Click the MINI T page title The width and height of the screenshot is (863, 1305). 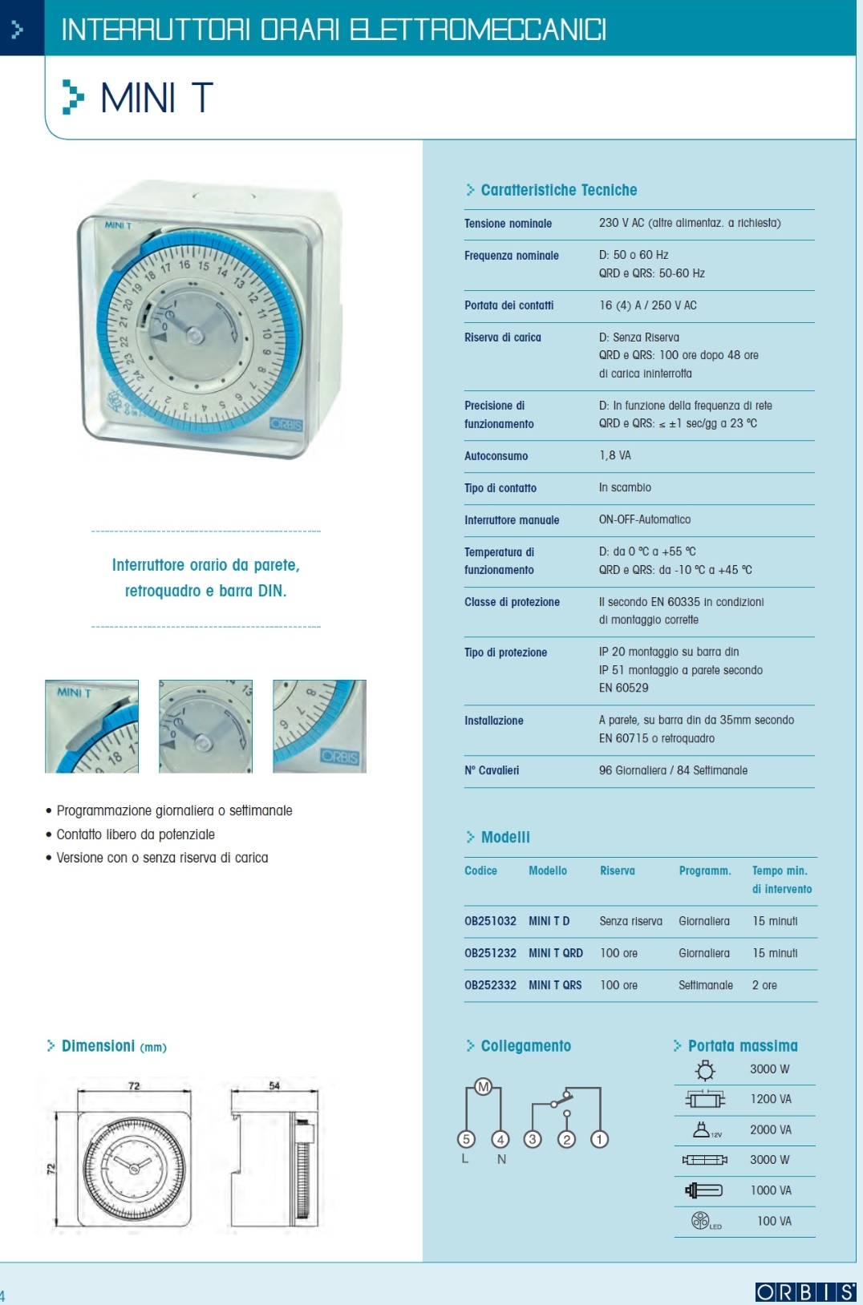coord(156,99)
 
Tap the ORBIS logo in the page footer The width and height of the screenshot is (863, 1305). coord(805,1291)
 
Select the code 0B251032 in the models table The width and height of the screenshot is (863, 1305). coord(490,921)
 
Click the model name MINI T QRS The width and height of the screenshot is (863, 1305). coord(555,985)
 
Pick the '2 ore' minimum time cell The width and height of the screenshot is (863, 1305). coord(764,985)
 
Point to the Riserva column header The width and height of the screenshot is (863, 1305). coord(617,871)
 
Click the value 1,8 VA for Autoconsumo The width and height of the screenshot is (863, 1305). coord(614,455)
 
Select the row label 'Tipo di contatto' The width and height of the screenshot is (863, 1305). coord(500,488)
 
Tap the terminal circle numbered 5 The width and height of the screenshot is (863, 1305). coord(466,1139)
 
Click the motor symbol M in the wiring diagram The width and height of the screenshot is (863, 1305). coord(483,1087)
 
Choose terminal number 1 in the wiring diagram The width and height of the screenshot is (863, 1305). coord(599,1139)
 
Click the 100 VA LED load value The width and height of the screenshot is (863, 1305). coord(774,1221)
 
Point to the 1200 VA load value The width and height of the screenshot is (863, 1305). coord(771,1099)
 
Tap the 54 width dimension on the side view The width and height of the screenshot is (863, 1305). coord(274,1085)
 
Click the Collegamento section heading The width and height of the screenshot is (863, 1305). coord(525,1046)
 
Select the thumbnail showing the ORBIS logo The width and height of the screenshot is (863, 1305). coord(319,726)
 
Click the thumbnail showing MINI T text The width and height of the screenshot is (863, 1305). coord(91,726)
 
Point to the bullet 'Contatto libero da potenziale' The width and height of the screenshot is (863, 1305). coord(136,834)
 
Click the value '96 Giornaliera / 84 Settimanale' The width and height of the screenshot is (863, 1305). coord(673,770)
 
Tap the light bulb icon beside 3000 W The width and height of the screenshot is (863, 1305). coord(705,1070)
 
